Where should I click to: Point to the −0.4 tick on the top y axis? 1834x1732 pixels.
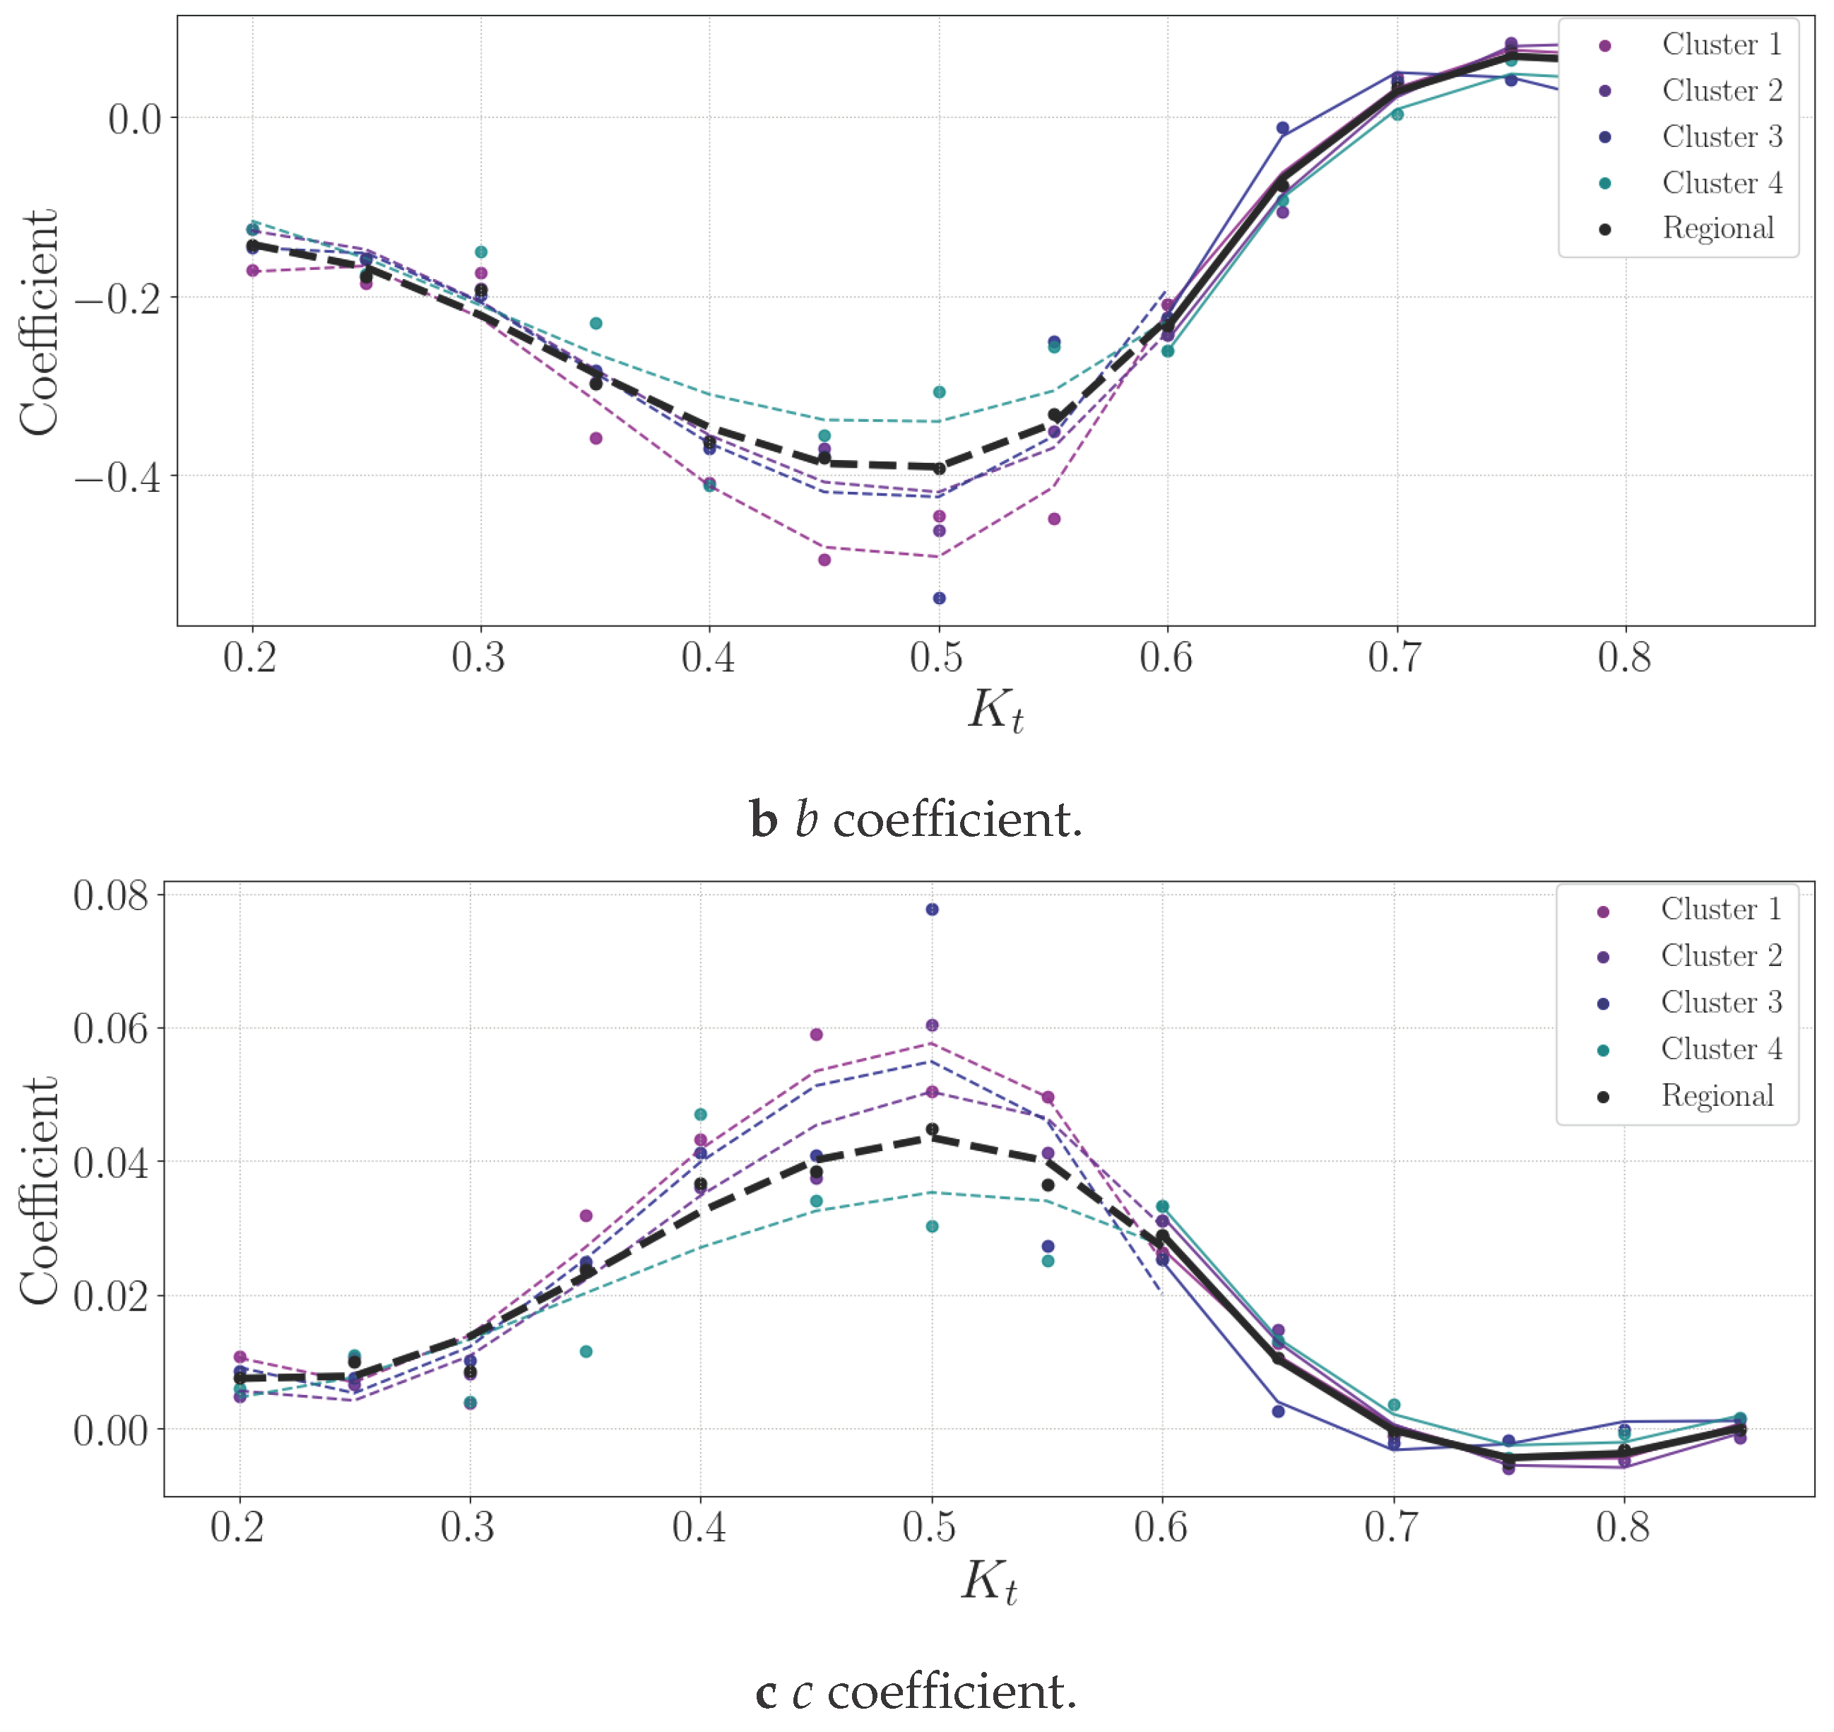(x=117, y=477)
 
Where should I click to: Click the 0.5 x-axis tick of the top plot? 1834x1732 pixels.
(x=937, y=657)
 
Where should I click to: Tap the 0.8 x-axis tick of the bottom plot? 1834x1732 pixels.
(x=1623, y=1527)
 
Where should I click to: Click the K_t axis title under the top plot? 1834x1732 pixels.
(x=995, y=712)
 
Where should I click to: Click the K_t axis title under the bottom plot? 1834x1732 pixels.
(x=988, y=1581)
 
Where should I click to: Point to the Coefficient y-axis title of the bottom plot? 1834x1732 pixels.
(x=39, y=1190)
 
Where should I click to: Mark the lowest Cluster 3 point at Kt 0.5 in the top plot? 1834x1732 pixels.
(x=939, y=599)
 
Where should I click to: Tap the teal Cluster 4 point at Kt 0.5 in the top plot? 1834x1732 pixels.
(x=939, y=392)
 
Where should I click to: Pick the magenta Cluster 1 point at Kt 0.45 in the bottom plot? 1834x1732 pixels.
(x=816, y=1034)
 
